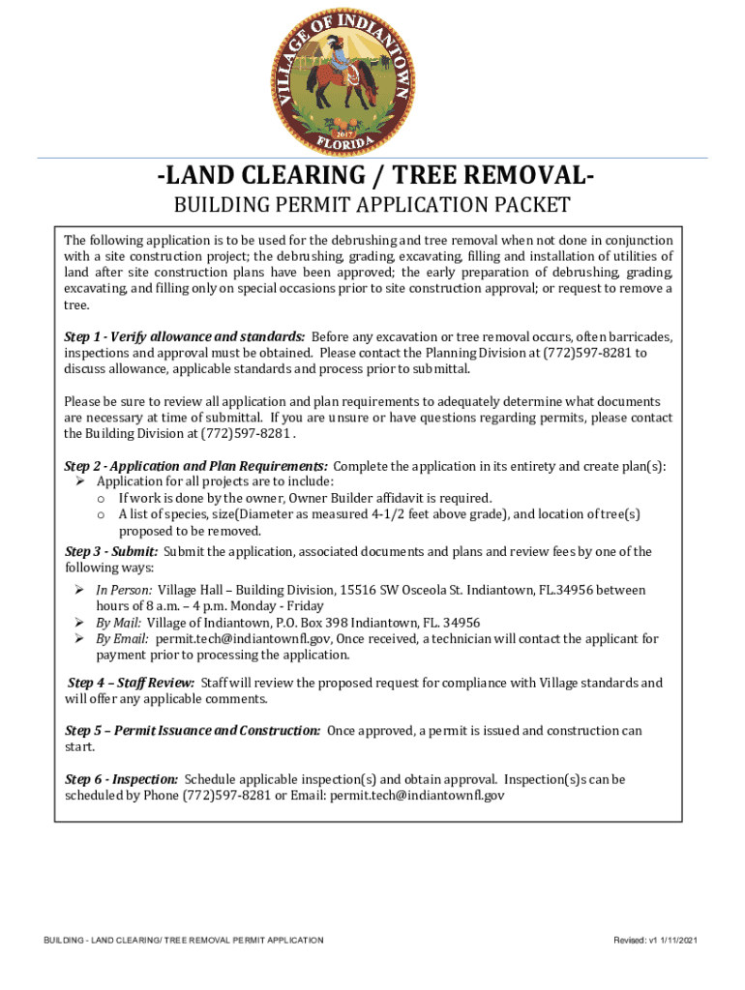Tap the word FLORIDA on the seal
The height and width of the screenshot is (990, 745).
[x=344, y=143]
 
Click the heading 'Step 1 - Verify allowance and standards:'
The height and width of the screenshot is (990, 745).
[x=185, y=336]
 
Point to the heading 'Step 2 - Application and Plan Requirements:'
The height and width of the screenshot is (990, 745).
[x=195, y=465]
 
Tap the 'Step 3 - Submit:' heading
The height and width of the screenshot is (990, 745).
[x=111, y=552]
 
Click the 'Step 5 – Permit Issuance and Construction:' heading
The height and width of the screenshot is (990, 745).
[x=193, y=731]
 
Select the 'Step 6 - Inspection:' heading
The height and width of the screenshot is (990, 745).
[x=121, y=779]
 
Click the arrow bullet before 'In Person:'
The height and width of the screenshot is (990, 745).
[x=81, y=590]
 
